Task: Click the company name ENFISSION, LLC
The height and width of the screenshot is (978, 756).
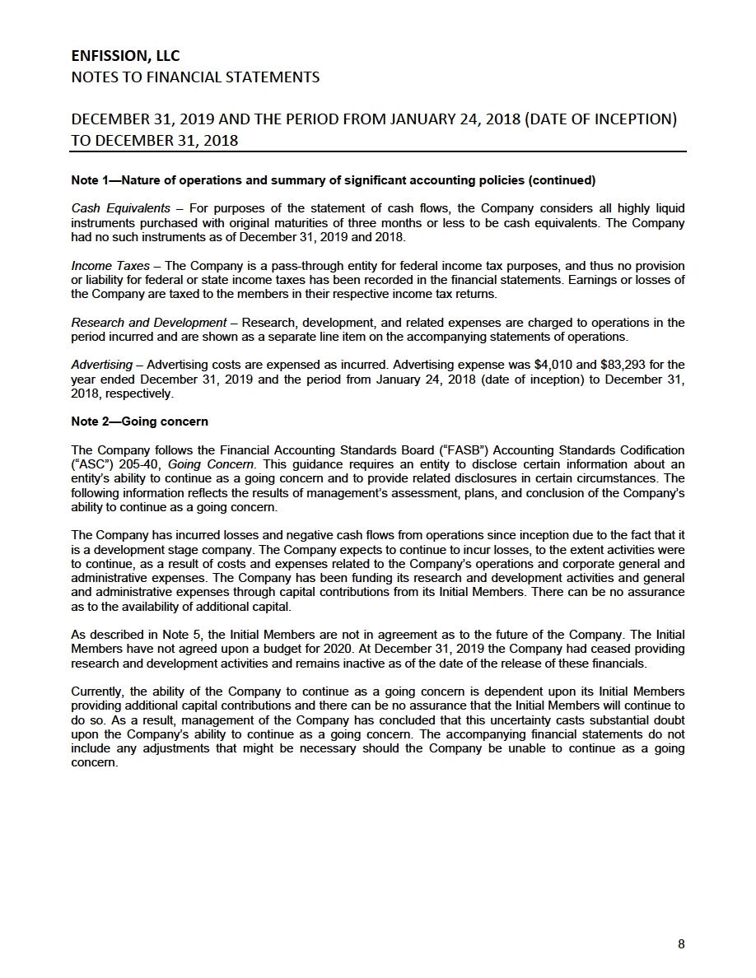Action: [x=125, y=56]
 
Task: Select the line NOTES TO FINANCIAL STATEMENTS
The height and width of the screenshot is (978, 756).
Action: [x=195, y=77]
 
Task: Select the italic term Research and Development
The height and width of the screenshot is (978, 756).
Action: [x=149, y=323]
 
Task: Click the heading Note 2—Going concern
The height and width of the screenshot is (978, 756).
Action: [x=140, y=421]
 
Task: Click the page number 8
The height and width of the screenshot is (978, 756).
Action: [x=681, y=944]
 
